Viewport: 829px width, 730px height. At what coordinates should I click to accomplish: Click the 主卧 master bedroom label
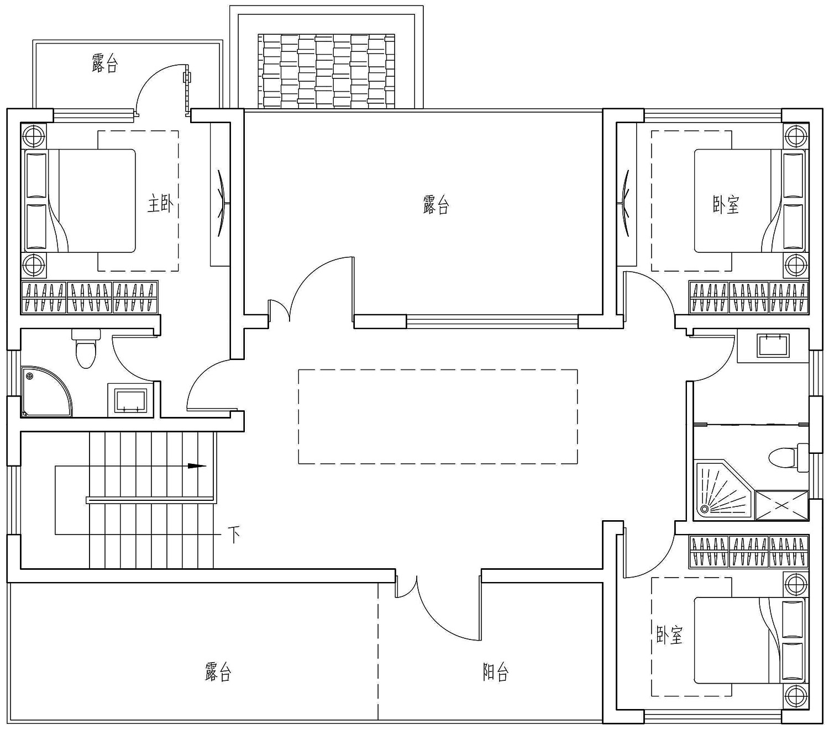(x=160, y=204)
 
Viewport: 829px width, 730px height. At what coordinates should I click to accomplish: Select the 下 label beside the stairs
(x=234, y=535)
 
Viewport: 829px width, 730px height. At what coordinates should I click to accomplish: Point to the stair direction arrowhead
(x=196, y=465)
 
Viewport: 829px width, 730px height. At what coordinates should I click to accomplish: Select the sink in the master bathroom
(x=130, y=400)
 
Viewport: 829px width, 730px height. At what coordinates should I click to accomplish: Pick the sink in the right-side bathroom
(x=773, y=345)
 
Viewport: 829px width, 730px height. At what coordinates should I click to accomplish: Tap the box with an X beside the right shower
(x=781, y=505)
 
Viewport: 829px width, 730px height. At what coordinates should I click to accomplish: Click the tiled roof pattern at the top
(x=326, y=71)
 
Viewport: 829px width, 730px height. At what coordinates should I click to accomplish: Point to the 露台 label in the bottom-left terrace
(x=217, y=672)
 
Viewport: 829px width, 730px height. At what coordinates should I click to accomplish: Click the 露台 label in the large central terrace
(x=436, y=205)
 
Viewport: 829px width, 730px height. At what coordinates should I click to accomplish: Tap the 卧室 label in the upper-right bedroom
(x=725, y=205)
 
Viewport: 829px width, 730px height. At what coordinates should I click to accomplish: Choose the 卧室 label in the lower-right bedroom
(x=669, y=635)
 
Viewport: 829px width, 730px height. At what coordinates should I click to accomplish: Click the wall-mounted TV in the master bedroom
(x=221, y=195)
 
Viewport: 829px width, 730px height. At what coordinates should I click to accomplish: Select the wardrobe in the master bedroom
(x=90, y=298)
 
